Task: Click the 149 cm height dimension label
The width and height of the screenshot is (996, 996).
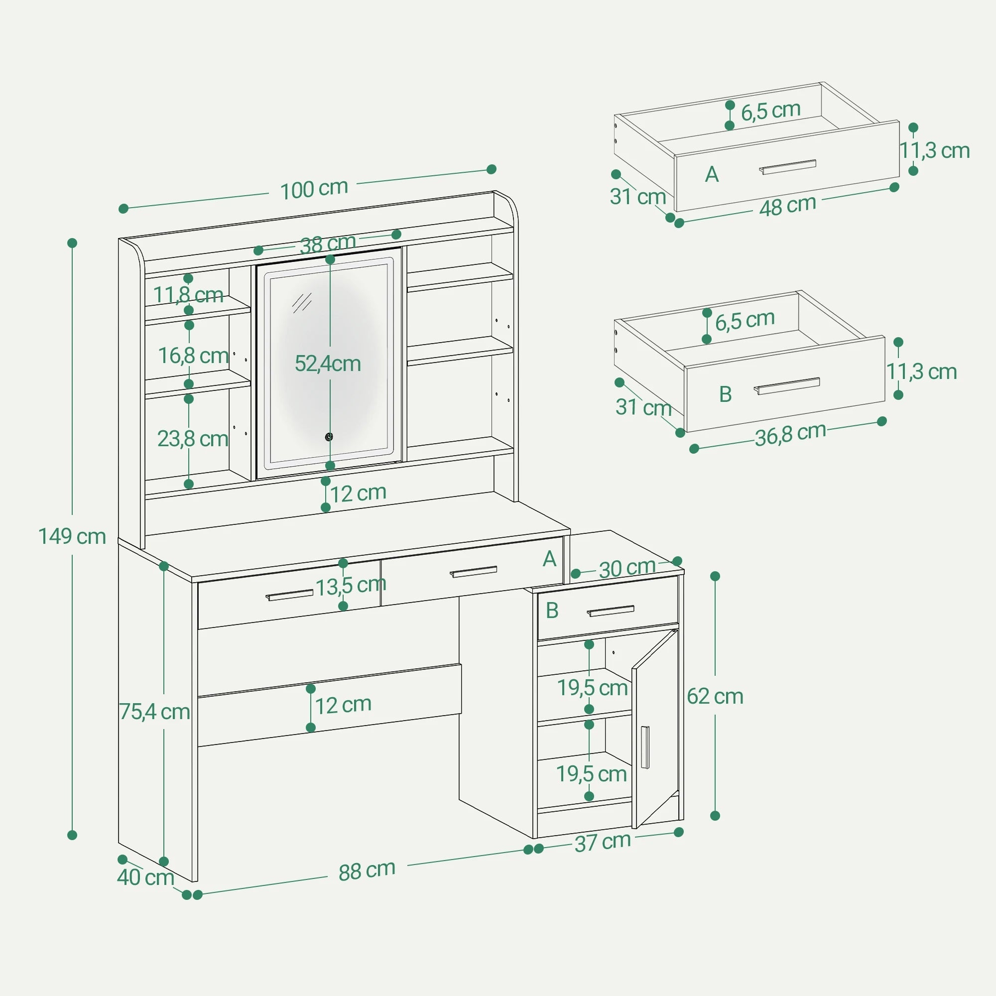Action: pyautogui.click(x=72, y=537)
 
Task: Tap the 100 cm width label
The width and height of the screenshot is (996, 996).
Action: pyautogui.click(x=313, y=189)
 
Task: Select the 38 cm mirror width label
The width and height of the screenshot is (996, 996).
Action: pyautogui.click(x=328, y=244)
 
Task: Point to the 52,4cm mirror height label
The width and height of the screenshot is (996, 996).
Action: pyautogui.click(x=327, y=364)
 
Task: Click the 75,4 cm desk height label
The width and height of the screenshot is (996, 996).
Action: pyautogui.click(x=154, y=712)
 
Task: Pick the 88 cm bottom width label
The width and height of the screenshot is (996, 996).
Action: pyautogui.click(x=367, y=871)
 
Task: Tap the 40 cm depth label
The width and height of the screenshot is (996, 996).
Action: pyautogui.click(x=145, y=877)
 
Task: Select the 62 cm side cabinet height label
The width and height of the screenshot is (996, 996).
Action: pyautogui.click(x=715, y=697)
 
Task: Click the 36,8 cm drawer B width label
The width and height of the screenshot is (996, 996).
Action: pyautogui.click(x=790, y=434)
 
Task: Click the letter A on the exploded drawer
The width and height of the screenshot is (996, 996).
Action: pyautogui.click(x=712, y=175)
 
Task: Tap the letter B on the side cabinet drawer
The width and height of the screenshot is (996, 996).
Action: pyautogui.click(x=552, y=611)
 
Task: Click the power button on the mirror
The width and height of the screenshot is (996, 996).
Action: pyautogui.click(x=329, y=437)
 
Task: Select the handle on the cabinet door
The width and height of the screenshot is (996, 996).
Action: pyautogui.click(x=645, y=747)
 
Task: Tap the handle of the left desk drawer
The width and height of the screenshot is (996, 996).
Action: pyautogui.click(x=289, y=595)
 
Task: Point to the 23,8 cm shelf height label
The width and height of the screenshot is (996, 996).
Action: pyautogui.click(x=192, y=439)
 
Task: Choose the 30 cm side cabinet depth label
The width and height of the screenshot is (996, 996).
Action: pyautogui.click(x=626, y=568)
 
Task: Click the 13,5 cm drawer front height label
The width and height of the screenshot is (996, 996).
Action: pyautogui.click(x=351, y=586)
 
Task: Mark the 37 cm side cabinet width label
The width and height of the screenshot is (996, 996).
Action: pyautogui.click(x=603, y=843)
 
